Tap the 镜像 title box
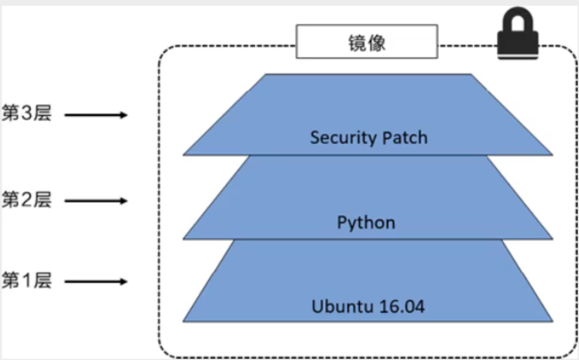(367, 42)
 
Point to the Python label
(366, 223)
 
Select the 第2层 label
(26, 200)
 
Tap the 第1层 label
(26, 281)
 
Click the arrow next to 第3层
(97, 116)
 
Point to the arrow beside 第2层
(97, 201)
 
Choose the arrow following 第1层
(97, 281)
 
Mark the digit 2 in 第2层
(28, 200)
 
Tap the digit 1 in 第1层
(28, 281)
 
